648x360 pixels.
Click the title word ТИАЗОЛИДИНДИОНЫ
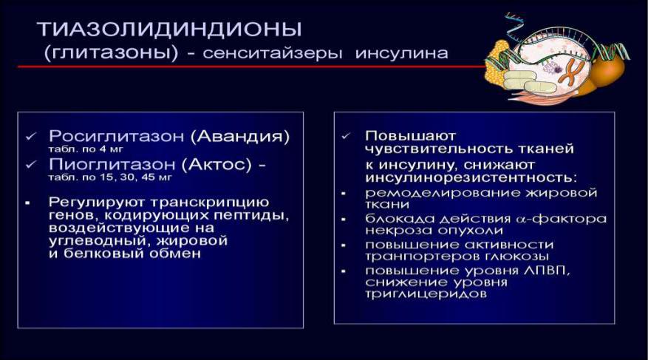point(169,29)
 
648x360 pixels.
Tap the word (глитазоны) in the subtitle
point(111,54)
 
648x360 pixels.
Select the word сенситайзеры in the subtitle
point(273,54)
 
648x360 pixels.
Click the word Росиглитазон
point(116,137)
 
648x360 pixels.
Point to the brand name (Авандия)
point(240,137)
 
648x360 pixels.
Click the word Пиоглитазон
point(112,165)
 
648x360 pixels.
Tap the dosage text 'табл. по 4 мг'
point(86,149)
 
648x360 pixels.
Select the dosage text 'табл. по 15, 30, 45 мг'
point(110,177)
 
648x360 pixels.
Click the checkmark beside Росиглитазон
point(31,136)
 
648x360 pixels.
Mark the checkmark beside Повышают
point(346,135)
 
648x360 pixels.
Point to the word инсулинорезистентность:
point(471,177)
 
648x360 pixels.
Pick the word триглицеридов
point(426,294)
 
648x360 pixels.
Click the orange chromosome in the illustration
point(573,71)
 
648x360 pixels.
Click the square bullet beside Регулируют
point(27,203)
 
